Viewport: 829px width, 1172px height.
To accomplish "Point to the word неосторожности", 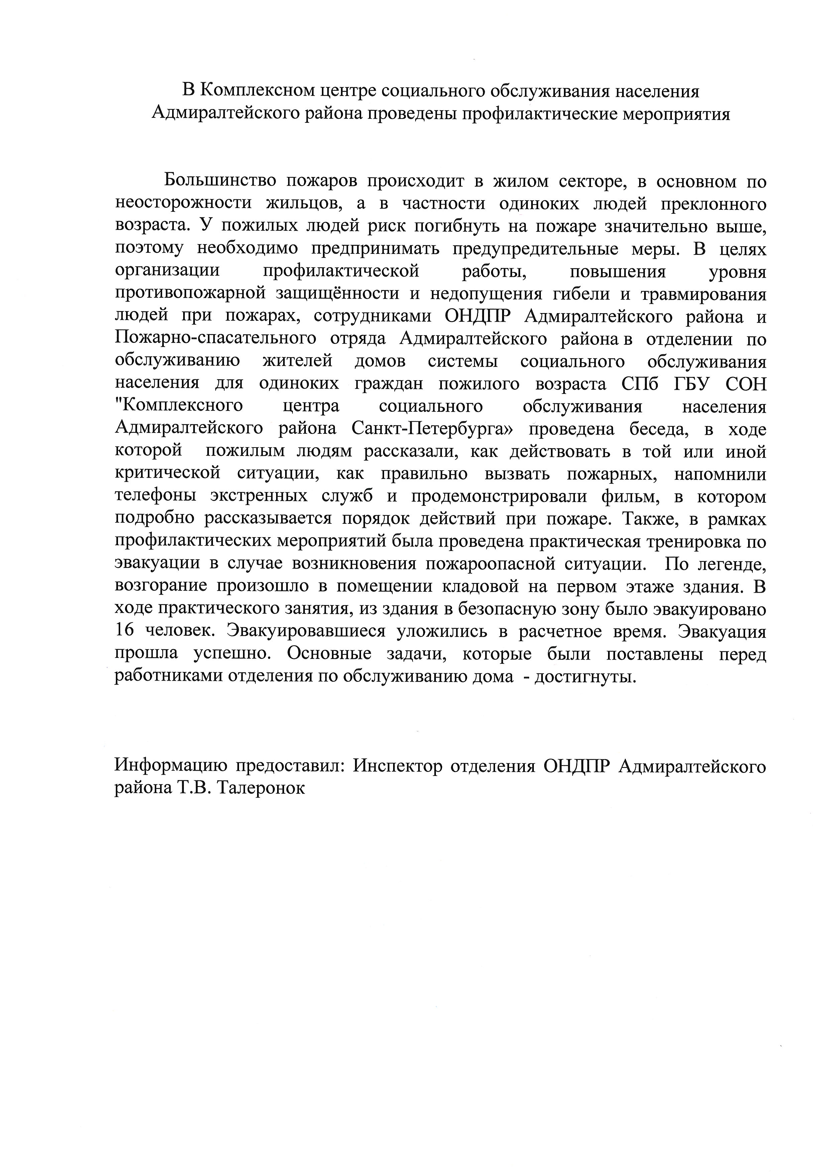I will pos(183,203).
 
